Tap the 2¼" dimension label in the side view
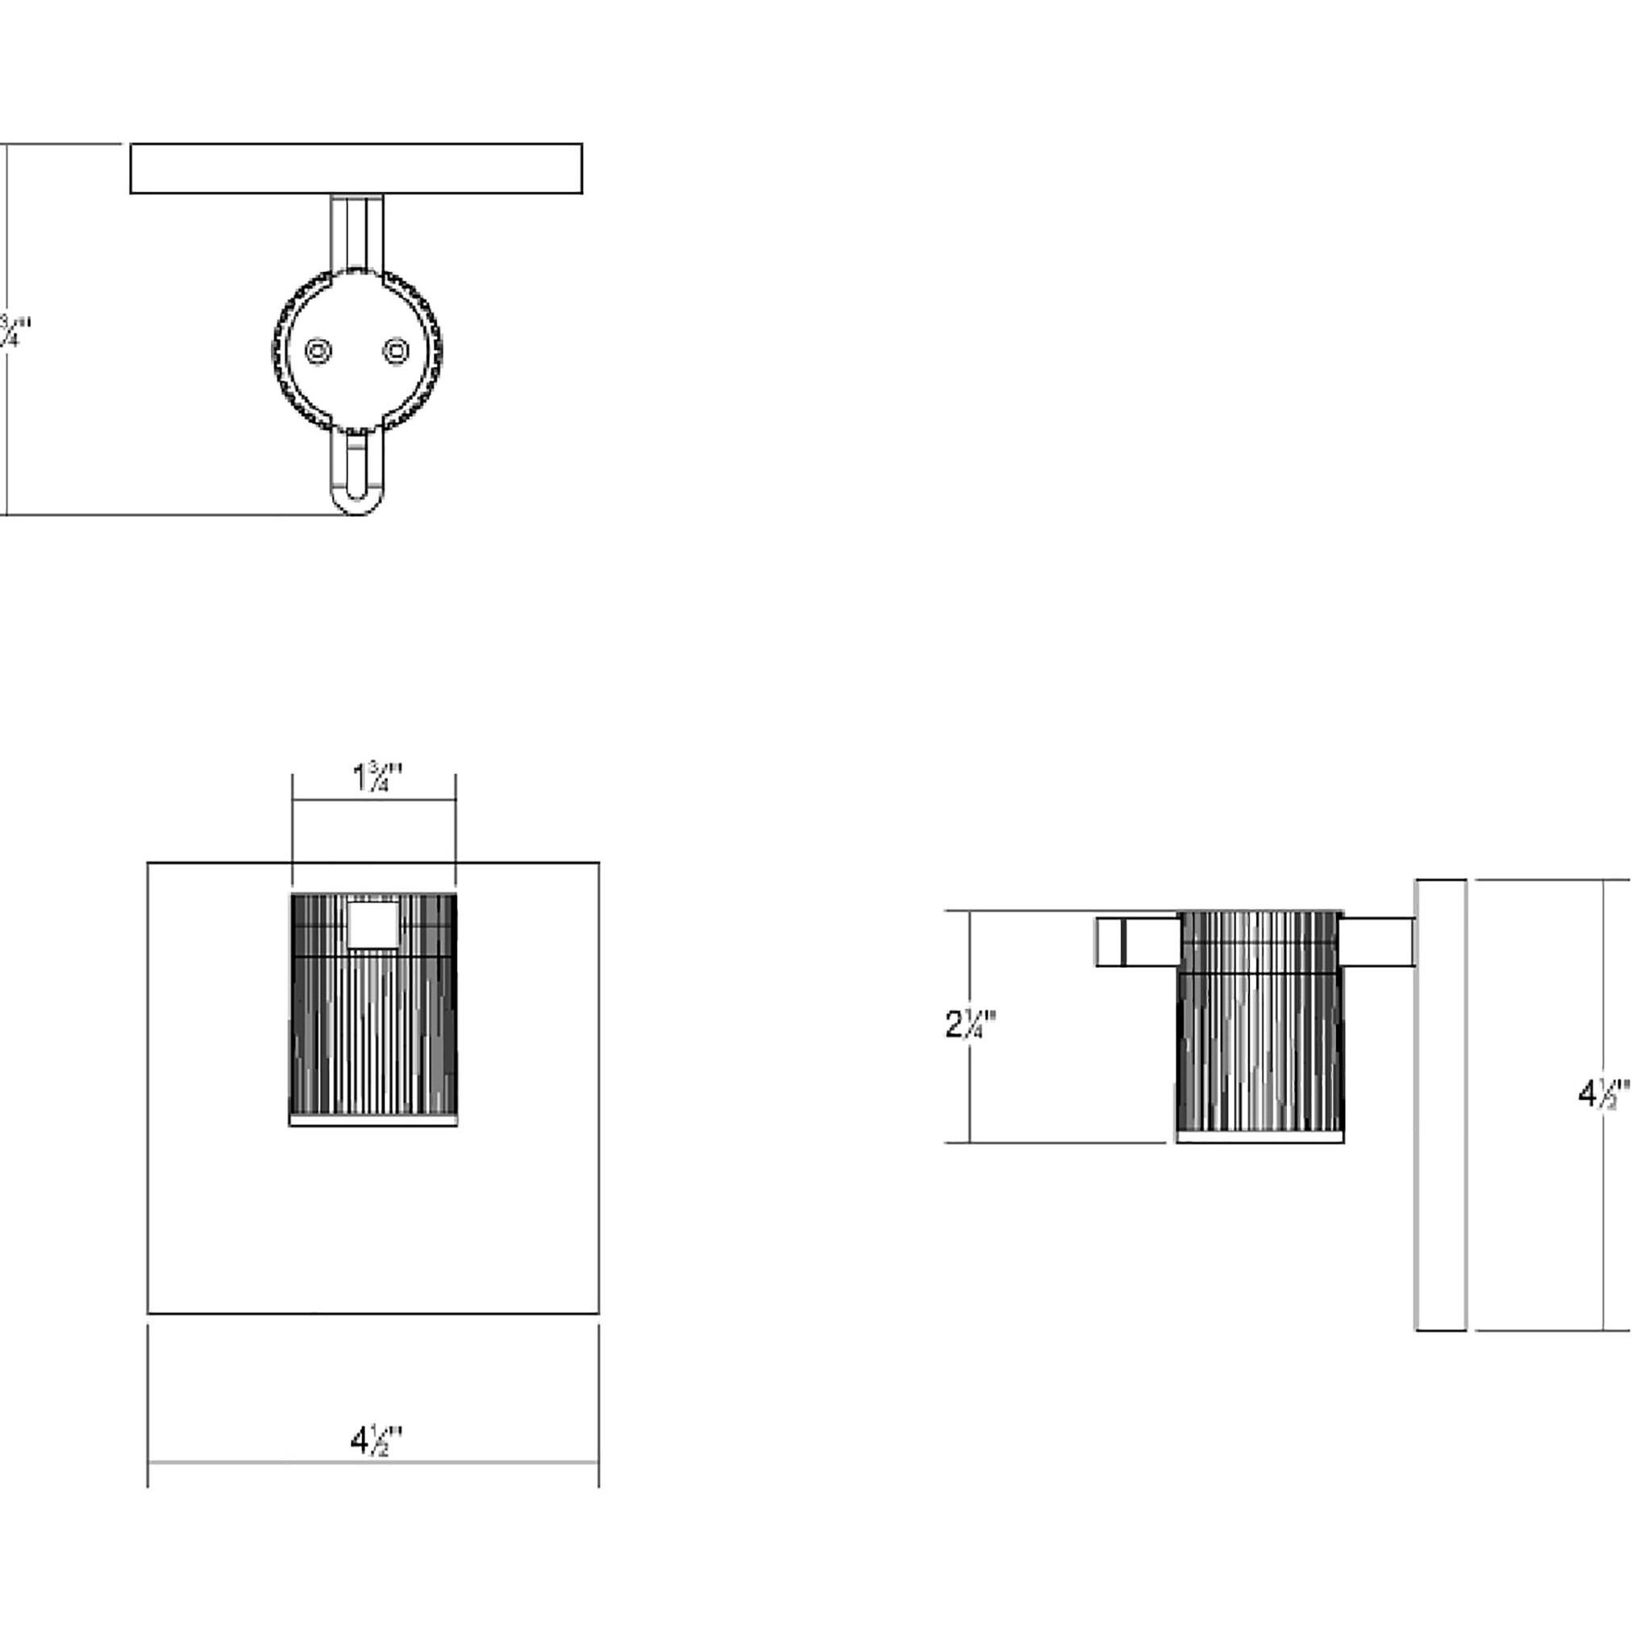[971, 1026]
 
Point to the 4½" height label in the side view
[1602, 1095]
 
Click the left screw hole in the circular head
[318, 351]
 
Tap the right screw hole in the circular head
[396, 351]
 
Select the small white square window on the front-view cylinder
[373, 924]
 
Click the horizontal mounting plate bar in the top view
[356, 168]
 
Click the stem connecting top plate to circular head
[356, 231]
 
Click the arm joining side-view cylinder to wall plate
[1377, 941]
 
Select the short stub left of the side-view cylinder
[1136, 942]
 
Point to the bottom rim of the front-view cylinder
[373, 1121]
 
